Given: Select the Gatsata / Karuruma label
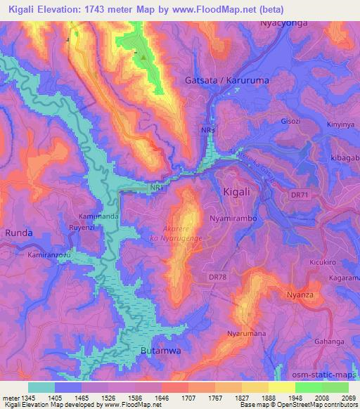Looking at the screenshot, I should [226, 81].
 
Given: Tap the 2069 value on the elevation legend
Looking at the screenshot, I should [348, 396].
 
